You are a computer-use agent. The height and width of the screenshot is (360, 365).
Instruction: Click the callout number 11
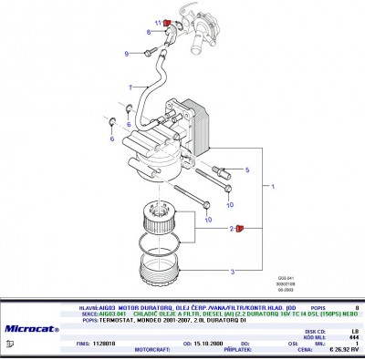[x=157, y=22]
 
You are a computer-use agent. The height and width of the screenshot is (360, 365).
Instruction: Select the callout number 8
[x=148, y=32]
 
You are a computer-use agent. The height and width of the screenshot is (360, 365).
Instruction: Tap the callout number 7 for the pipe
[x=131, y=87]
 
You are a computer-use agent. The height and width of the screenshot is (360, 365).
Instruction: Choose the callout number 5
[x=246, y=170]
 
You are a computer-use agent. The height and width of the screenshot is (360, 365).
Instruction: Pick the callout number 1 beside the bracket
[x=272, y=185]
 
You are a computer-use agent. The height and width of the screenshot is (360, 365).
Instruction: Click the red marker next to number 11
[x=166, y=23]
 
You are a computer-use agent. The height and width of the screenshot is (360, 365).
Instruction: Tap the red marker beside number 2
[x=240, y=230]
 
